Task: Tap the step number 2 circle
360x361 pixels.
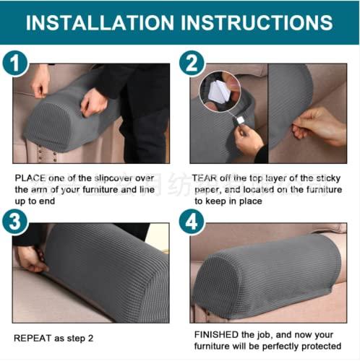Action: coord(192,63)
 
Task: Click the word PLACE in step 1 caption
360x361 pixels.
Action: coord(30,177)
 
